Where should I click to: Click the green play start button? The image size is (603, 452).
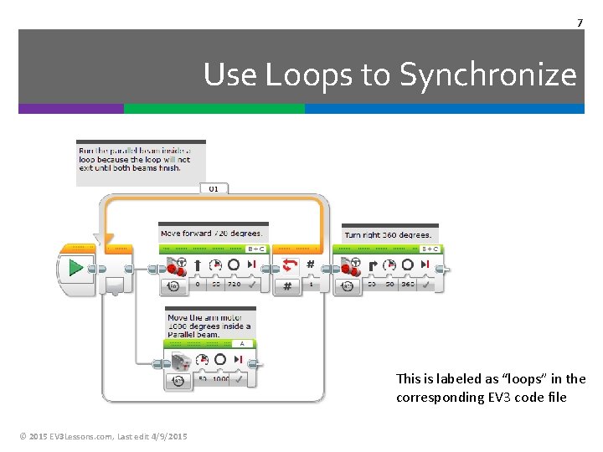pos(76,268)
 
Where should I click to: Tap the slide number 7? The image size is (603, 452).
pos(580,22)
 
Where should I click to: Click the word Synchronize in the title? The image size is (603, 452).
pos(488,75)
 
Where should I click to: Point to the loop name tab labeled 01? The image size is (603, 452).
pos(214,189)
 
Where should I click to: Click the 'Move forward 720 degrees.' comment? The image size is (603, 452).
pos(212,234)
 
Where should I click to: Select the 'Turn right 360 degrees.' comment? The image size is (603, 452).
pos(388,235)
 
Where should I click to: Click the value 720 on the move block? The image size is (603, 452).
pos(234,285)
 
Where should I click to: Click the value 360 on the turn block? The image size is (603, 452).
pos(407,285)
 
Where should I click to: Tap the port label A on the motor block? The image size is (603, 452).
pos(241,343)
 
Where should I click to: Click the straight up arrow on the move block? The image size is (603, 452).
pos(197,265)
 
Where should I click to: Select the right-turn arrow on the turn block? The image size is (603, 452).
pos(370,265)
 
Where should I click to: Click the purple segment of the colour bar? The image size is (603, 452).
pos(71,109)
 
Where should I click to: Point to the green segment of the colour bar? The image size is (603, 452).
pos(214,109)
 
